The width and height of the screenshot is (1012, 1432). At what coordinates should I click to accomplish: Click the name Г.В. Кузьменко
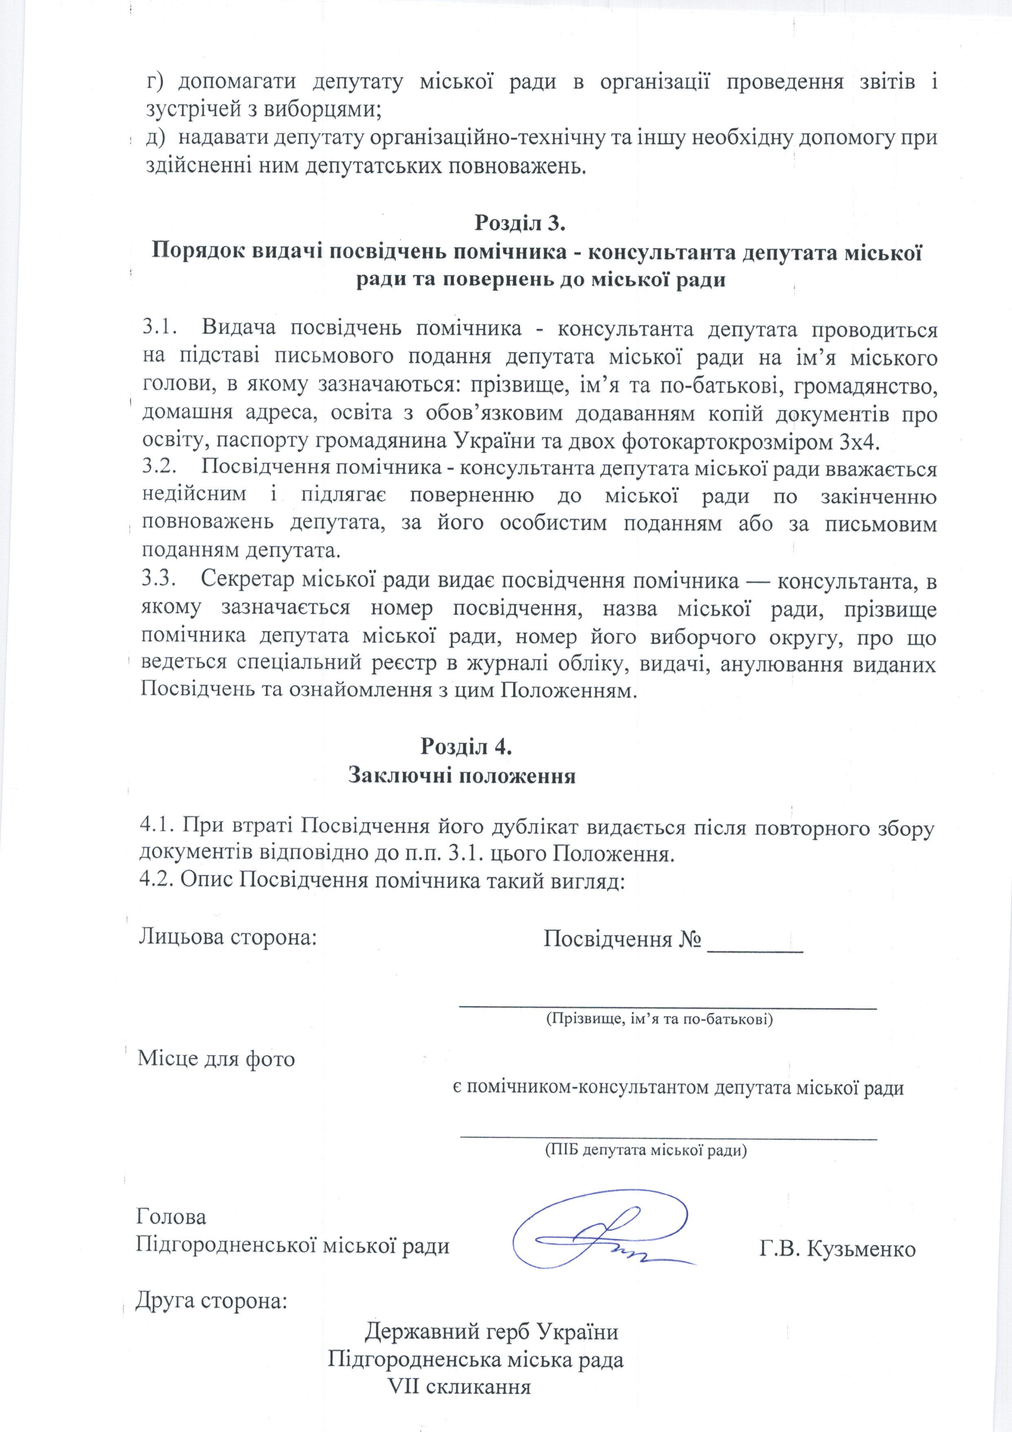coord(837,1232)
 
